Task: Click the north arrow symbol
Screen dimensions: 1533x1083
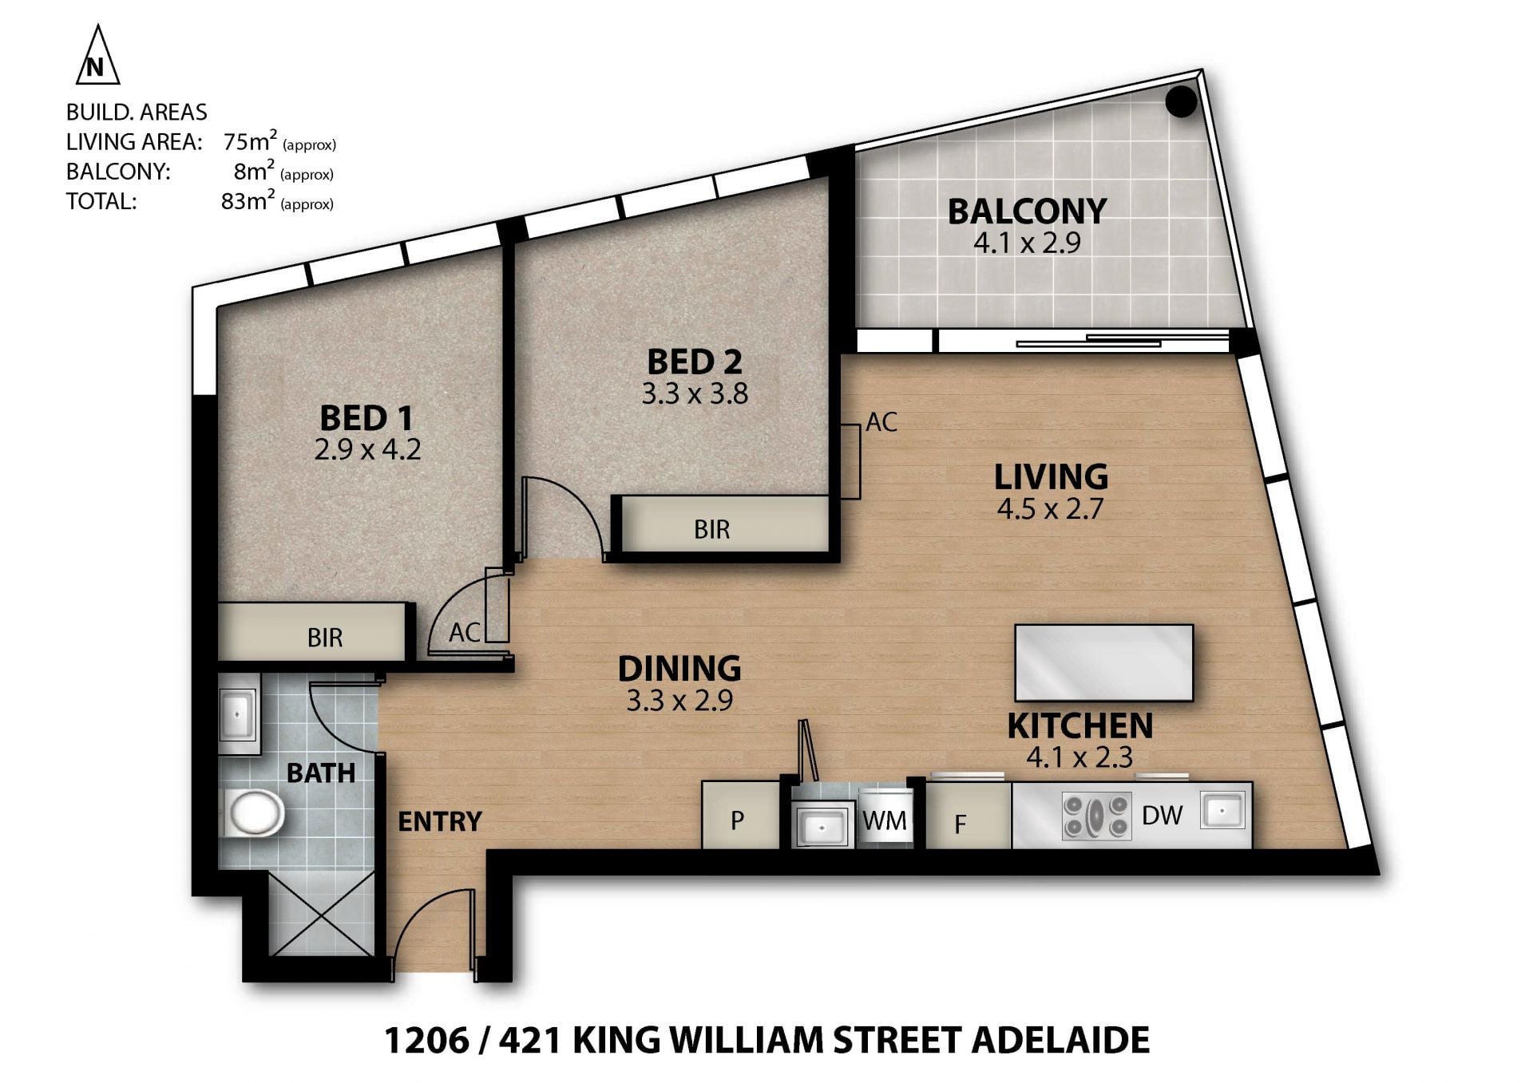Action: tap(97, 56)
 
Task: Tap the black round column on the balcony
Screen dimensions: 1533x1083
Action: tap(1181, 101)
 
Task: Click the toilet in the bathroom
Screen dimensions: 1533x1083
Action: tap(256, 813)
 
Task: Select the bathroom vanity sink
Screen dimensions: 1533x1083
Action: tap(238, 713)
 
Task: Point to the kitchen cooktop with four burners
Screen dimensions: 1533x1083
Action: tap(1096, 816)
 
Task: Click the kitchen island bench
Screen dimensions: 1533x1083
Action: tap(1103, 662)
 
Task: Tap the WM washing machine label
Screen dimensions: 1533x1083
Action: tap(885, 820)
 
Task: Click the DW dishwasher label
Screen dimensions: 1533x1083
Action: tap(1163, 815)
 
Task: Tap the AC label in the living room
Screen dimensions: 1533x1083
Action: tap(881, 421)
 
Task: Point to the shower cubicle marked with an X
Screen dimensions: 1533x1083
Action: tap(322, 912)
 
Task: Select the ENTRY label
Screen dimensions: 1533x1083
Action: tap(440, 821)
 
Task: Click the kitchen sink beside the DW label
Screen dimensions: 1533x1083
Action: tap(1222, 811)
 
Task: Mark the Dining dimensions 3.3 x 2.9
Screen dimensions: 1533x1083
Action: tap(679, 701)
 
